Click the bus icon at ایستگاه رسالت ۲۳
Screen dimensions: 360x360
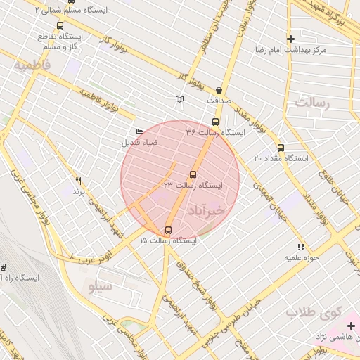click(x=193, y=174)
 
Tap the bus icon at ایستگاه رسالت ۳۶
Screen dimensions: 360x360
click(x=215, y=122)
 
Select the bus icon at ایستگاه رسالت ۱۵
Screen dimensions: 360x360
click(x=168, y=230)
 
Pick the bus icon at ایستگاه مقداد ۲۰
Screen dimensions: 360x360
click(x=281, y=148)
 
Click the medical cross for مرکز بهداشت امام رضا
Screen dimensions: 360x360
click(x=290, y=39)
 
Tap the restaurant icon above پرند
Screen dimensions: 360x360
click(x=78, y=181)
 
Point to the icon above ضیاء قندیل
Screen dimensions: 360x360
click(x=139, y=132)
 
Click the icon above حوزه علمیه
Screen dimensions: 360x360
click(x=301, y=247)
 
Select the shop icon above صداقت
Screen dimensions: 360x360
click(x=219, y=90)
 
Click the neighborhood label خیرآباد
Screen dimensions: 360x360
click(x=205, y=210)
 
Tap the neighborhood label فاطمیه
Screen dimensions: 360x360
click(x=32, y=64)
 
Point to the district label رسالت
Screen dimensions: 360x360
click(x=312, y=103)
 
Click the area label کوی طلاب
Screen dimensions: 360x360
click(x=324, y=310)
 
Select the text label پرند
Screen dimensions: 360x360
click(x=78, y=191)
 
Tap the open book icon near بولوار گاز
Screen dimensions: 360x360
click(x=180, y=100)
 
